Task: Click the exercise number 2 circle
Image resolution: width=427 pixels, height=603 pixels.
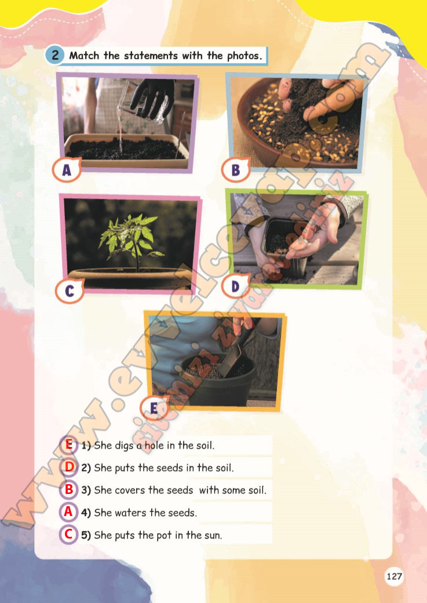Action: click(x=54, y=56)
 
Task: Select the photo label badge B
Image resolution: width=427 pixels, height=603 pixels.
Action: click(x=235, y=170)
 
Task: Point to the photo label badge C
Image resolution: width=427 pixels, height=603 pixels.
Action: click(x=70, y=291)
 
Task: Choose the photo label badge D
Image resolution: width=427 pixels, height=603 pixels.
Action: click(x=235, y=286)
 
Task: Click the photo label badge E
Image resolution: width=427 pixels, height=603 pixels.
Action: click(x=154, y=409)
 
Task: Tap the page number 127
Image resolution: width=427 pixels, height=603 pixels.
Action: click(x=394, y=576)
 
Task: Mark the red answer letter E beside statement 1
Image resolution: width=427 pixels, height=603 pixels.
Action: click(x=69, y=445)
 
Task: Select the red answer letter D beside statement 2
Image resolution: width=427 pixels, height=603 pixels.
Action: click(x=69, y=467)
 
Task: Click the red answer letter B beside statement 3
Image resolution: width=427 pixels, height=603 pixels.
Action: click(x=69, y=490)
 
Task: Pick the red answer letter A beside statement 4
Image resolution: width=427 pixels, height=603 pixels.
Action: click(x=69, y=512)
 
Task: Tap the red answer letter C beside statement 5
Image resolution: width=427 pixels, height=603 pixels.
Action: click(x=69, y=535)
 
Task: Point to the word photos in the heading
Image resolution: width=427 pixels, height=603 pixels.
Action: click(x=242, y=56)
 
